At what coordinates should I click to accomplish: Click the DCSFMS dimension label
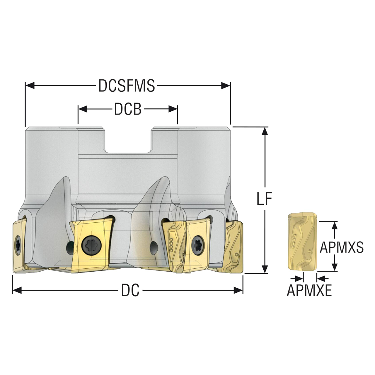(x=127, y=86)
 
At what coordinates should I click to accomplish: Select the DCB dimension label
(x=128, y=109)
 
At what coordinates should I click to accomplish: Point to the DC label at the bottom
(x=130, y=291)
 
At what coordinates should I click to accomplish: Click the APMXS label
(x=342, y=248)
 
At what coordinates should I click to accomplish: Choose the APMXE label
(x=309, y=291)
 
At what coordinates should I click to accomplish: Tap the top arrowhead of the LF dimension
(x=265, y=131)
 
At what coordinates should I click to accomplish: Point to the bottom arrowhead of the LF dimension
(x=265, y=269)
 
